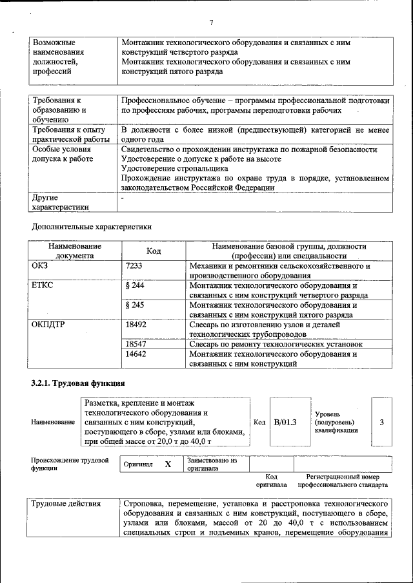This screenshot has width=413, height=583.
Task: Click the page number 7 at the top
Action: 211,20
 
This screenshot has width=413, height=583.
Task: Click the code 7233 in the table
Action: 134,265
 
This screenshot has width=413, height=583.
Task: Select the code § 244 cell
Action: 135,285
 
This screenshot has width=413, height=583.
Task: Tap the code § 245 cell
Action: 135,305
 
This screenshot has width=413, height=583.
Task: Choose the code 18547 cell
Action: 136,345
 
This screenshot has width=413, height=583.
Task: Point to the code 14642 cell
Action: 136,354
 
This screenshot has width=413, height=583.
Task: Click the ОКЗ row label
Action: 40,265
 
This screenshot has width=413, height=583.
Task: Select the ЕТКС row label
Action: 42,285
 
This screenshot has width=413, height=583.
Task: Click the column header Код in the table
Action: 154,251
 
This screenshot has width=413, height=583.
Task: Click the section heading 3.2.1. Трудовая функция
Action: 77,383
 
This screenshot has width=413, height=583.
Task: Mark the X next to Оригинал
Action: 168,464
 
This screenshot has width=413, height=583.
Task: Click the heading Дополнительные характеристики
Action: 92,227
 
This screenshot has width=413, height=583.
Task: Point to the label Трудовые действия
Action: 66,503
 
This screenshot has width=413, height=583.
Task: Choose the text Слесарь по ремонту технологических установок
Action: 276,345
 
